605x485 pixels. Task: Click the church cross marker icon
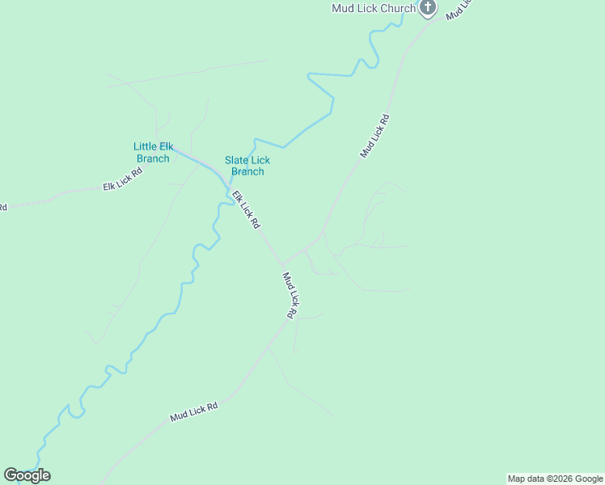click(428, 8)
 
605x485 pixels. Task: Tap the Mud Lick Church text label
click(374, 8)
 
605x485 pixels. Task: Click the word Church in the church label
click(397, 8)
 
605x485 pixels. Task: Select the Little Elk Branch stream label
click(153, 152)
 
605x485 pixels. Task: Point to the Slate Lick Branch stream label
click(247, 166)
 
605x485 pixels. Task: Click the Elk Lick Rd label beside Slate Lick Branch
click(246, 209)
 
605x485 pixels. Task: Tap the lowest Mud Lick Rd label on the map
click(194, 412)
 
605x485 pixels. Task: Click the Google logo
click(27, 475)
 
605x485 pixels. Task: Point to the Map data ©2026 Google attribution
click(555, 479)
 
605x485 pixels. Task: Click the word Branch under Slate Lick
click(247, 171)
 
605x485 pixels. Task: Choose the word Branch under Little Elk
click(153, 158)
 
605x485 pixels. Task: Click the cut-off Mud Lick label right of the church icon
click(458, 10)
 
